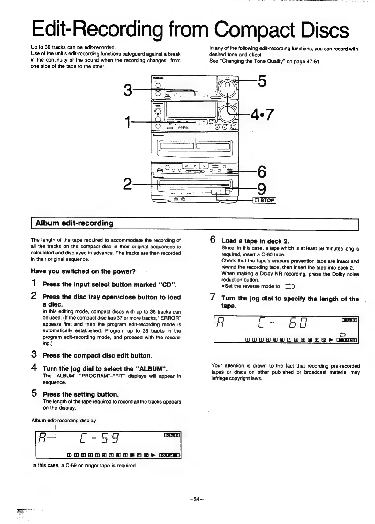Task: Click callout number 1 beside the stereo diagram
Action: (x=128, y=122)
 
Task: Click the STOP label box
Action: (x=265, y=200)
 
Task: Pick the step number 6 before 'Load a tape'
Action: (x=214, y=240)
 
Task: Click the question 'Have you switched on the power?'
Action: (x=83, y=271)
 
